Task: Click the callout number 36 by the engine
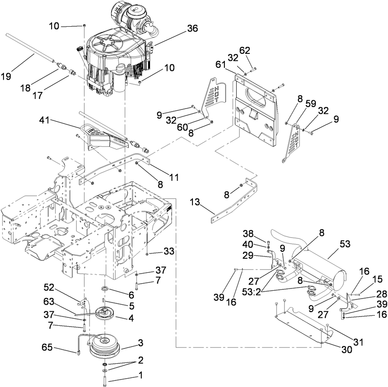coord(193,28)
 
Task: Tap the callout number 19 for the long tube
coord(6,76)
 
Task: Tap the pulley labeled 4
coord(104,314)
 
